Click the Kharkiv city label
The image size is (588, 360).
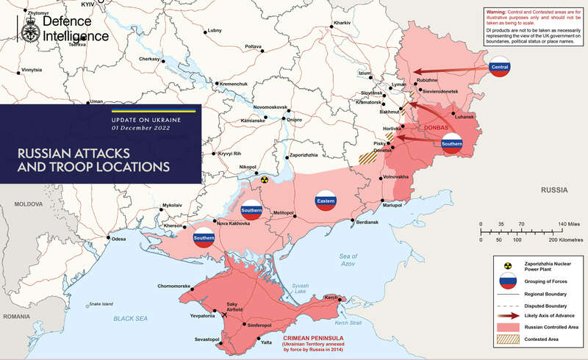coord(342,24)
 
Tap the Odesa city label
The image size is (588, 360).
coord(118,239)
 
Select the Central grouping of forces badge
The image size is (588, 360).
coord(500,68)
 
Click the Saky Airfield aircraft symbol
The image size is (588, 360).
coord(214,314)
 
